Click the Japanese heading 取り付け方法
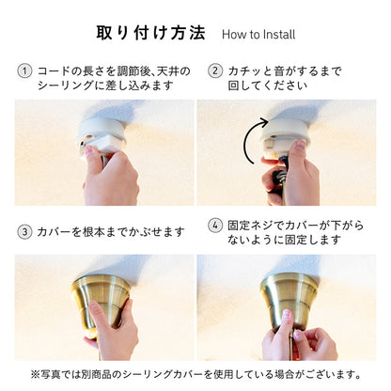[150, 33]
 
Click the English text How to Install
[258, 34]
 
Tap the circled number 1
[24, 70]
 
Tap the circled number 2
[215, 70]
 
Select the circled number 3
[24, 232]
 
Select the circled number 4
[215, 226]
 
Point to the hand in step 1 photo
[110, 176]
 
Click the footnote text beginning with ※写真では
[195, 374]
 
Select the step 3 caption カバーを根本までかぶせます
[111, 232]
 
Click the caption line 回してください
[267, 85]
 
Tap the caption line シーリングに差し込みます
[105, 85]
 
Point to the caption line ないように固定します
[284, 240]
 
